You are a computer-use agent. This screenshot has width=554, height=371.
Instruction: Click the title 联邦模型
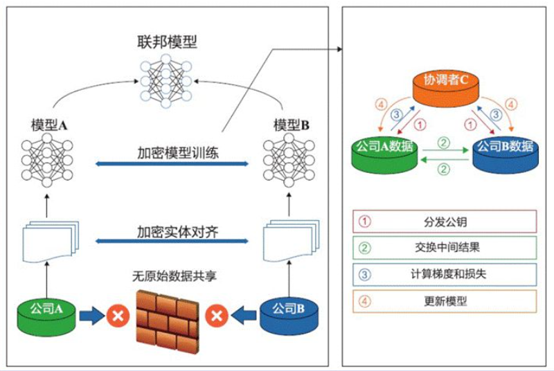tap(166, 42)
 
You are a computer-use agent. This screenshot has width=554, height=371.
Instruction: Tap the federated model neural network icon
tap(166, 82)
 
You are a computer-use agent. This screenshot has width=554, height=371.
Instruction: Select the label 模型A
tap(48, 125)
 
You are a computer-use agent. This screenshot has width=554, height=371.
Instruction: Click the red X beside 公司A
tap(115, 317)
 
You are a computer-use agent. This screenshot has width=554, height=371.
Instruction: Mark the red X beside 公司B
tap(217, 317)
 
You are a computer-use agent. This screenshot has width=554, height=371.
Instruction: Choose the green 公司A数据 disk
tap(384, 152)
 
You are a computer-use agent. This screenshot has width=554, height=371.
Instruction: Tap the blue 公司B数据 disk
tap(504, 152)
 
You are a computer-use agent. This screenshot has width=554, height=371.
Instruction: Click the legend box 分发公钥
tap(445, 221)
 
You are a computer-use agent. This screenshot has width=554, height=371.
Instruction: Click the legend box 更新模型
tap(445, 300)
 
